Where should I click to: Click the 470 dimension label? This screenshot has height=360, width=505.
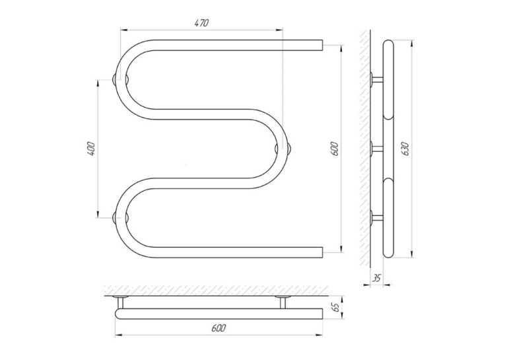click(x=202, y=23)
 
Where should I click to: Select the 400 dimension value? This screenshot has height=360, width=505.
click(x=90, y=149)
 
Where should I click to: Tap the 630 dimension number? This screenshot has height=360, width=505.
click(x=405, y=149)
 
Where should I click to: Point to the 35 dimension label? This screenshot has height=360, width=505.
click(x=377, y=278)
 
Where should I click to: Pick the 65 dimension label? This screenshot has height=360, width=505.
click(x=335, y=306)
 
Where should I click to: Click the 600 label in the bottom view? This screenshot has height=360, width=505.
click(x=219, y=328)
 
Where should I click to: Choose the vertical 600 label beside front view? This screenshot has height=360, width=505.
click(x=335, y=149)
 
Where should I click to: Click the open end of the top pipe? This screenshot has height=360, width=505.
click(x=322, y=45)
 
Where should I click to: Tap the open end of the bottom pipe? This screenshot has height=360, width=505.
click(x=322, y=252)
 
